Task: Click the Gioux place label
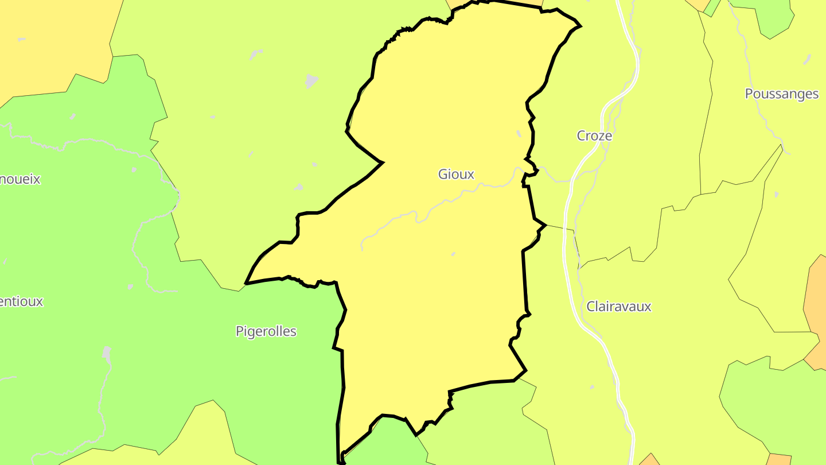coord(456,174)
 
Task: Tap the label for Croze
coord(594,136)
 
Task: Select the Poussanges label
coord(781,94)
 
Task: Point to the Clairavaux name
coord(619,307)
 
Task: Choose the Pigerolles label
coord(266,331)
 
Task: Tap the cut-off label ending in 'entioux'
coord(21,301)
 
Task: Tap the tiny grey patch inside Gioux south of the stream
coord(453,254)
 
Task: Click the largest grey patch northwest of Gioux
coord(311,81)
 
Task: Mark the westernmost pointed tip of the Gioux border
coord(246,283)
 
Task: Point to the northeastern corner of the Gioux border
coord(580,26)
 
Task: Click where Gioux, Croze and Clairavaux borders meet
coord(545,224)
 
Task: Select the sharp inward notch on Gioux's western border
coord(382,162)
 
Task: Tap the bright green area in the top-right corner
coord(774,17)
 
